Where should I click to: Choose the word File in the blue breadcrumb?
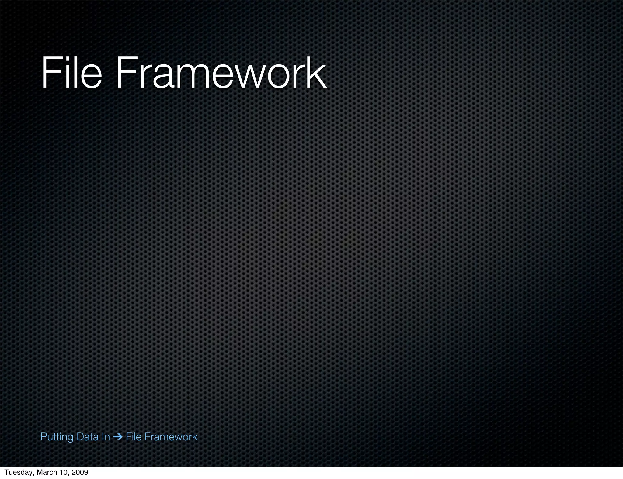coord(134,437)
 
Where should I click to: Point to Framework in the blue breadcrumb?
coord(171,437)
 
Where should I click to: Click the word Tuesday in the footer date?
coord(17,472)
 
